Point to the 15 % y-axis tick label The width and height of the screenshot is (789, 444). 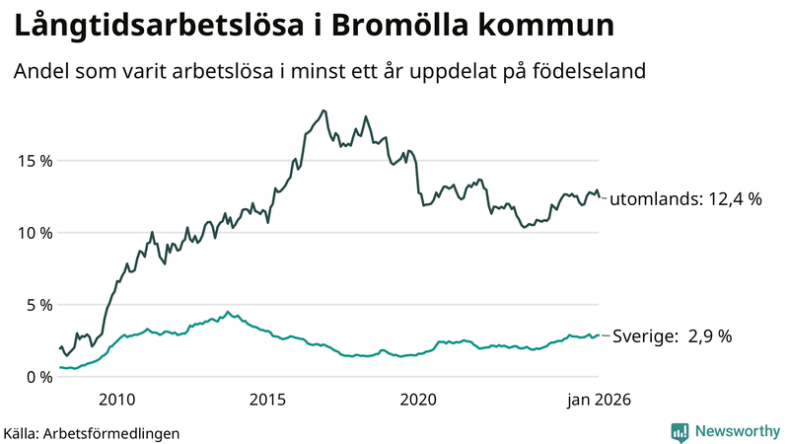(34, 161)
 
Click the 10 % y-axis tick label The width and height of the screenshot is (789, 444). (34, 233)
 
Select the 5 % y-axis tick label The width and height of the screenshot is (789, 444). (38, 305)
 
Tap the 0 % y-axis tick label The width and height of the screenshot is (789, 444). (38, 377)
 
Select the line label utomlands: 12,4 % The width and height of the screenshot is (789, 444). (686, 199)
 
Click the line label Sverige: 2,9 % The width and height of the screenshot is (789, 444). (673, 336)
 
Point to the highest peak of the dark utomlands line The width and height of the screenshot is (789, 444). (323, 111)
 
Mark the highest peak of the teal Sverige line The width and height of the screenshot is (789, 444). (228, 313)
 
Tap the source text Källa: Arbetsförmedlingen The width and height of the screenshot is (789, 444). (93, 432)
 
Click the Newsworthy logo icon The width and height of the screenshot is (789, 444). (680, 431)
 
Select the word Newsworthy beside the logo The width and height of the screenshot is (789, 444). (736, 431)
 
